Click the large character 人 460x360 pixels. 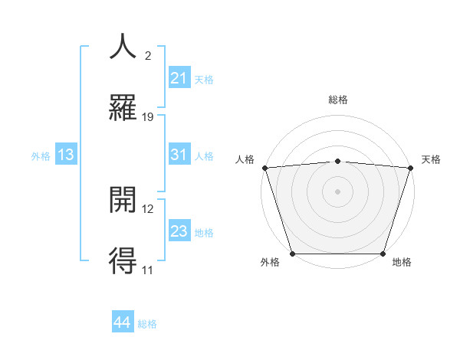click(123, 47)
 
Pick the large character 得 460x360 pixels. click(123, 260)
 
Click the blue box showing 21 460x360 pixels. click(179, 78)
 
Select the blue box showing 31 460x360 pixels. click(179, 155)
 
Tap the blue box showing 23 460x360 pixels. click(179, 231)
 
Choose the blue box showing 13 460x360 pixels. click(66, 155)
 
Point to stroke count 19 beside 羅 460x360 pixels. click(148, 117)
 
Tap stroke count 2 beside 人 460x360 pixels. click(148, 56)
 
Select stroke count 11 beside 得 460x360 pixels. click(148, 270)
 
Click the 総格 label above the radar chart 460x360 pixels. click(337, 100)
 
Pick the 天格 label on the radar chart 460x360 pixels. click(432, 159)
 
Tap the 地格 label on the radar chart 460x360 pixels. click(402, 263)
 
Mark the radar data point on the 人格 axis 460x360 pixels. click(264, 167)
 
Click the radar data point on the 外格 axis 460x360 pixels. click(292, 254)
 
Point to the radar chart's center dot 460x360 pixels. click(337, 191)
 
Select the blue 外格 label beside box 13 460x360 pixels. click(41, 155)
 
